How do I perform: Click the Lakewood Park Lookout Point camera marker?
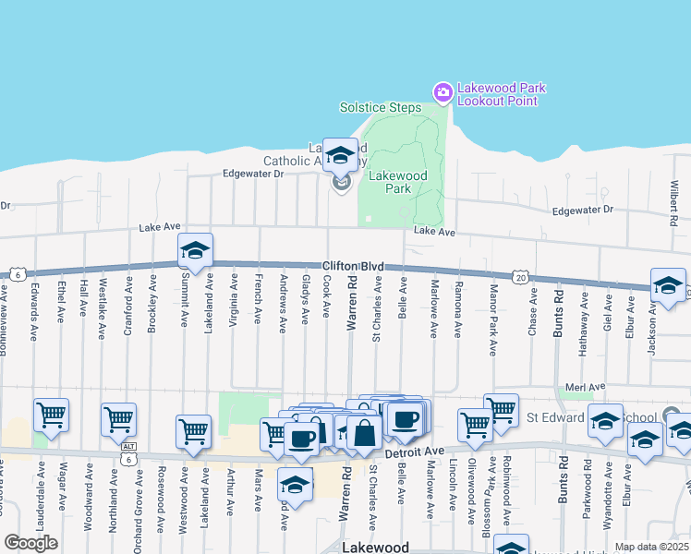click(442, 91)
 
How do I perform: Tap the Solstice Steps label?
click(380, 107)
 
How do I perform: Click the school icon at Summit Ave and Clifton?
click(195, 251)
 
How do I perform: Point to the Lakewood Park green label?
click(397, 182)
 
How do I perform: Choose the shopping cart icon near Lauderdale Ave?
click(52, 415)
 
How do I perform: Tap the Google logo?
click(30, 543)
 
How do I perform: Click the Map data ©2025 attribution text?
click(651, 547)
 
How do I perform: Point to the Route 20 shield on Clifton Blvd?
click(520, 276)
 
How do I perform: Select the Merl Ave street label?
click(585, 386)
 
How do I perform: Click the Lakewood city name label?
click(375, 547)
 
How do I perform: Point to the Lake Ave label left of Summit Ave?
click(159, 227)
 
